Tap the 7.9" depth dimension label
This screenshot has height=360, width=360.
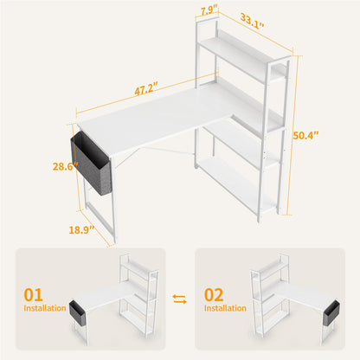pyautogui.click(x=208, y=10)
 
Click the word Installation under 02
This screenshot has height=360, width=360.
pyautogui.click(x=225, y=307)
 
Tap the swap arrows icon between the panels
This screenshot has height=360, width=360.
pyautogui.click(x=180, y=299)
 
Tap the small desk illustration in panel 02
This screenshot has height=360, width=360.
pyautogui.click(x=286, y=299)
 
